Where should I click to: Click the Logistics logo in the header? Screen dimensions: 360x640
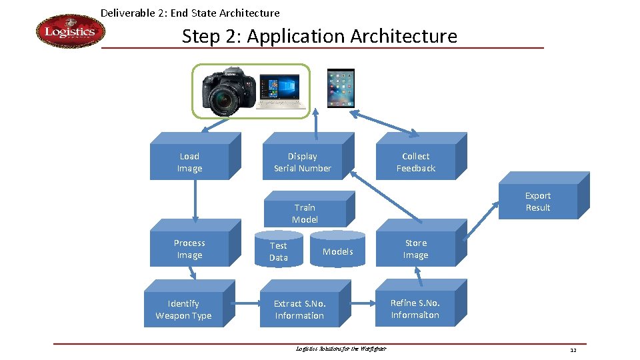(70, 32)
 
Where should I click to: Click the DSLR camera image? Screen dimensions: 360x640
(227, 91)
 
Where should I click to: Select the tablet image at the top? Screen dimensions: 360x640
(340, 87)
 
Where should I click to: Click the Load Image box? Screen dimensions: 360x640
(189, 162)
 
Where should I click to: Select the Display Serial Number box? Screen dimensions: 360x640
(302, 162)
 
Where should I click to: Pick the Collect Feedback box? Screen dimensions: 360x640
(415, 162)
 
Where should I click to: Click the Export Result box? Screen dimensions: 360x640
(537, 201)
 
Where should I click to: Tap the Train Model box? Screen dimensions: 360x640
(305, 213)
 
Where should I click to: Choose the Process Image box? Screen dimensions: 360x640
(189, 249)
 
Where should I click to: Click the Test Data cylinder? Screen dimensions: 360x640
(279, 251)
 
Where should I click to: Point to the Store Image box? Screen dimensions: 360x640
(415, 249)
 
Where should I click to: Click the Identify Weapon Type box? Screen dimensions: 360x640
(183, 309)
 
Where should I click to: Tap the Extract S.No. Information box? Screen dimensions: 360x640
(299, 309)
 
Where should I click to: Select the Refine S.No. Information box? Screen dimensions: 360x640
(415, 309)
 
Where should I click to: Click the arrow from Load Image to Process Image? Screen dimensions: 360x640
(195, 200)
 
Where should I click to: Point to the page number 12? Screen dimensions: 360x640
(573, 350)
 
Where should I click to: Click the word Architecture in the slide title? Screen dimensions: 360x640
(413, 36)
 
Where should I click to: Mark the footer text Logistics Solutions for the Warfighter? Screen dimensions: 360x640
(341, 349)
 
